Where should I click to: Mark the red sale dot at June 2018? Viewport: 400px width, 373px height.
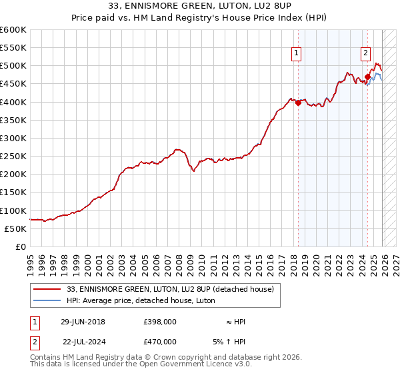(298, 103)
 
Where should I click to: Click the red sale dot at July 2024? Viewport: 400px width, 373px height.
(367, 77)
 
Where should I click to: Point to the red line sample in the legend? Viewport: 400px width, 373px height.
(48, 289)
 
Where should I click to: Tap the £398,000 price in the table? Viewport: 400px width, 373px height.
(160, 322)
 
